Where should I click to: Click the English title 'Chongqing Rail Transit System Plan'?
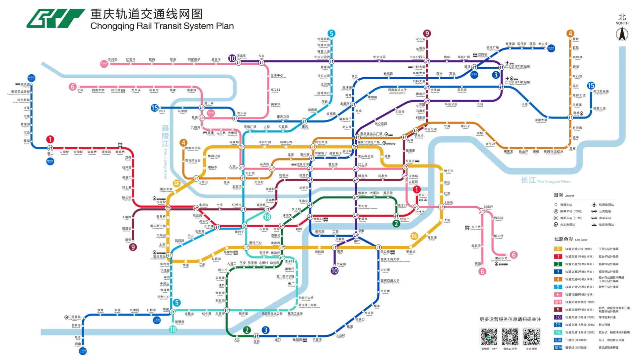tap(162, 26)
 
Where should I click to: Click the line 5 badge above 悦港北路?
tap(331, 33)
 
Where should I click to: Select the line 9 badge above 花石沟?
tap(427, 33)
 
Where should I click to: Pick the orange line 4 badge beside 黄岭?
tap(570, 33)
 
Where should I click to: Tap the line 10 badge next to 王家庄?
tap(232, 58)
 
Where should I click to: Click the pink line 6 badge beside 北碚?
tap(73, 87)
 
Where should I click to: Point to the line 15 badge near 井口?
tap(155, 108)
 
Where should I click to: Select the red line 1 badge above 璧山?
tap(50, 139)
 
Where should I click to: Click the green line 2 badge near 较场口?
tap(396, 224)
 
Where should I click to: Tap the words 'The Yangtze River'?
tap(554, 181)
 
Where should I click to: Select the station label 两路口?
tap(318, 219)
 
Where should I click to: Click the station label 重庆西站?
tap(159, 256)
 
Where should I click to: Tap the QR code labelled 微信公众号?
tap(510, 336)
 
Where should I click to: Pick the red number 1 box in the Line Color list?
tap(558, 256)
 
